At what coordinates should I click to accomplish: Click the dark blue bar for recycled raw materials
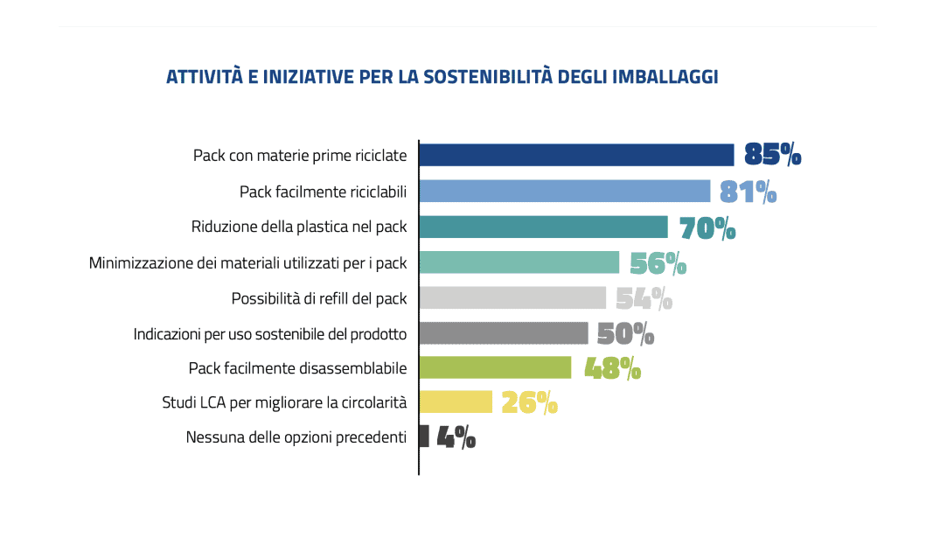pyautogui.click(x=576, y=155)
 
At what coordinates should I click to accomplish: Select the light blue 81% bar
pyautogui.click(x=564, y=191)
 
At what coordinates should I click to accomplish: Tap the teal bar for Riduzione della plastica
pyautogui.click(x=543, y=227)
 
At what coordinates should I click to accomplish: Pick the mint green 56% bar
pyautogui.click(x=519, y=262)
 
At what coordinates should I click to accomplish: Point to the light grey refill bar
pyautogui.click(x=512, y=297)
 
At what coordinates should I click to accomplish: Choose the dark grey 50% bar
pyautogui.click(x=504, y=332)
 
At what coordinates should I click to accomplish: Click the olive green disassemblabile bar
pyautogui.click(x=495, y=367)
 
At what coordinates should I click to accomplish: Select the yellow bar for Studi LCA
pyautogui.click(x=456, y=402)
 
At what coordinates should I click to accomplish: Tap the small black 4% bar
pyautogui.click(x=424, y=437)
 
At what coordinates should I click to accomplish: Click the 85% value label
pyautogui.click(x=772, y=155)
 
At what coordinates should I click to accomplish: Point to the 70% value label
pyautogui.click(x=707, y=227)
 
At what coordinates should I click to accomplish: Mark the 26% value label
pyautogui.click(x=529, y=402)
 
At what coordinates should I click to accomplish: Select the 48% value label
pyautogui.click(x=612, y=368)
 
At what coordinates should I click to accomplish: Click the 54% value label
pyautogui.click(x=644, y=298)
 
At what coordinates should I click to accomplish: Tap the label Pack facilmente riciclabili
pyautogui.click(x=324, y=192)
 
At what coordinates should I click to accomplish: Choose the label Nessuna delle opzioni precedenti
pyautogui.click(x=296, y=437)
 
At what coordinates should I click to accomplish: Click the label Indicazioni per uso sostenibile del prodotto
pyautogui.click(x=270, y=333)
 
